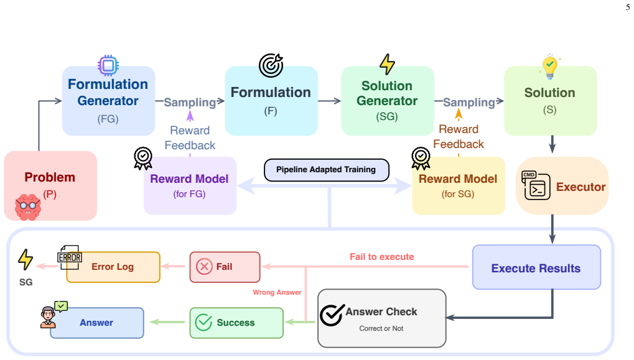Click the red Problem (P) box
[x=50, y=186]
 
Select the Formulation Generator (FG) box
[x=108, y=101]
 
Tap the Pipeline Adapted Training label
[x=326, y=170]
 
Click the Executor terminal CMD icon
[x=536, y=185]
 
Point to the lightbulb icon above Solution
[x=550, y=67]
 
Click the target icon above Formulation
[x=271, y=65]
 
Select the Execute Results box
[x=536, y=267]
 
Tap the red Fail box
[x=225, y=267]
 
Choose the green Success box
[x=236, y=323]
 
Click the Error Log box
[x=113, y=267]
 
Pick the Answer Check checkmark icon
[x=332, y=315]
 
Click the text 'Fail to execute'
[x=381, y=257]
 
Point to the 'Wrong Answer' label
[x=277, y=292]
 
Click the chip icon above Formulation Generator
[x=108, y=65]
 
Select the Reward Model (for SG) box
[x=459, y=186]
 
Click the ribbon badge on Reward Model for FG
[x=143, y=159]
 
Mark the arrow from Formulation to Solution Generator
[x=330, y=101]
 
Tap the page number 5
[x=628, y=7]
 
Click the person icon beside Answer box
[x=48, y=317]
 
